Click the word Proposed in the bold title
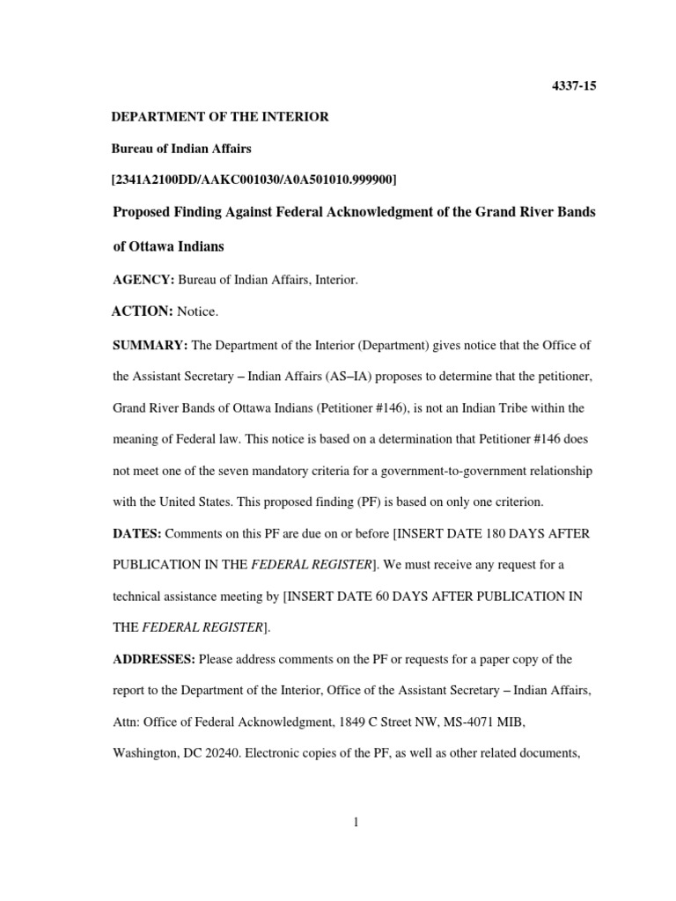click(145, 213)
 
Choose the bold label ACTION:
click(143, 311)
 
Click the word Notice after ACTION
click(197, 311)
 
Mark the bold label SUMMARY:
click(148, 345)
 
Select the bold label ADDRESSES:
click(154, 659)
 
